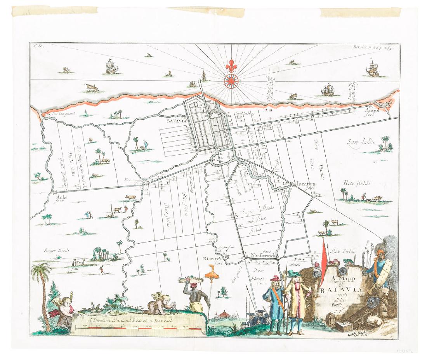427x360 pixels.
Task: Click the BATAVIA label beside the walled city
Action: coord(177,121)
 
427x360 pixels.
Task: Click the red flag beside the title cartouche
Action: coord(324,254)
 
